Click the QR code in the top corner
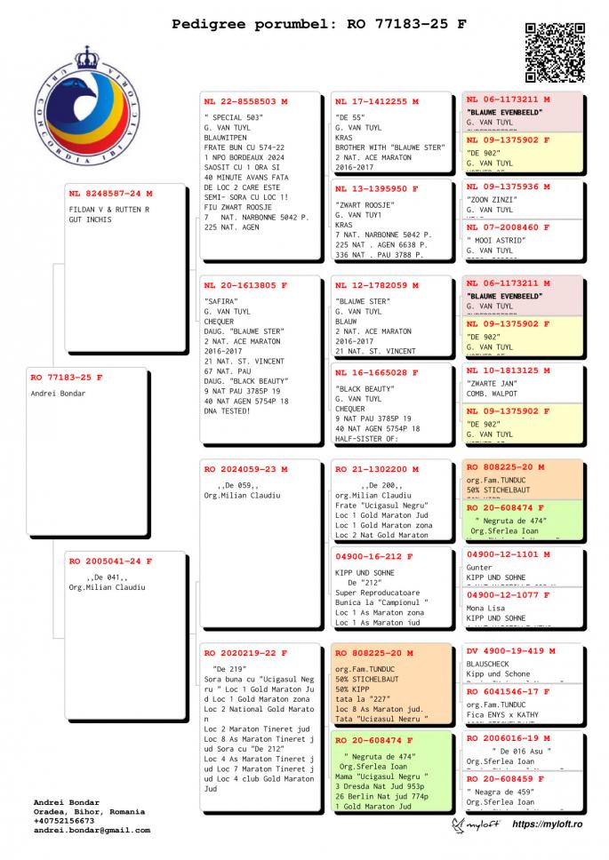[x=555, y=52]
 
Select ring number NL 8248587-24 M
[x=110, y=193]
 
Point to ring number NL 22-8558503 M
[x=245, y=101]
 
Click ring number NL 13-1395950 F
[x=377, y=188]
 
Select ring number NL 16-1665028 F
[x=377, y=372]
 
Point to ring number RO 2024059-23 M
[x=245, y=468]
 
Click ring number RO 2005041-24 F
[x=110, y=561]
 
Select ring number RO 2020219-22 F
[x=245, y=652]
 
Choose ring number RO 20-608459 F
[x=508, y=779]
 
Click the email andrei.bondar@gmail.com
[x=92, y=831]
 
